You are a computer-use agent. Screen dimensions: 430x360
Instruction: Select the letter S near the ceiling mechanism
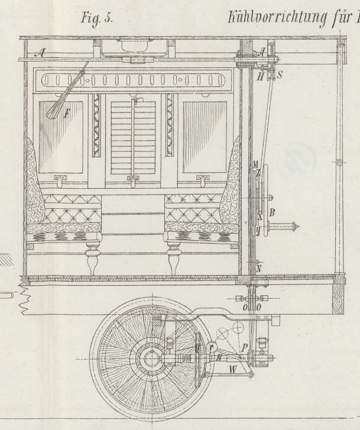[280, 76]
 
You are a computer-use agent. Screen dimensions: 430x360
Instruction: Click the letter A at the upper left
[41, 53]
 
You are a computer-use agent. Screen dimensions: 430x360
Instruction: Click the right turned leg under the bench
[174, 258]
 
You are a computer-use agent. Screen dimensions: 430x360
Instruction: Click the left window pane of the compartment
[61, 137]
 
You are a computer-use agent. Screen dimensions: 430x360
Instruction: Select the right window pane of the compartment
[205, 137]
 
